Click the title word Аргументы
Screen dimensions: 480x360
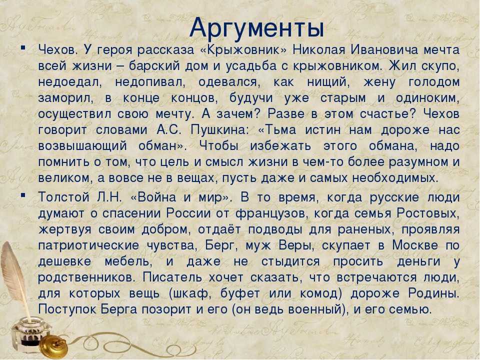click(x=256, y=28)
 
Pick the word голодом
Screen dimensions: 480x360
click(x=434, y=82)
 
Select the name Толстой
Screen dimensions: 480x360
click(x=63, y=197)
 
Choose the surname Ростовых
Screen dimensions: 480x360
click(x=426, y=213)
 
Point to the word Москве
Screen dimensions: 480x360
click(x=415, y=245)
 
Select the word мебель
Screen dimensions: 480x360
click(x=127, y=261)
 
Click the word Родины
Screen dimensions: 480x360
click(x=434, y=293)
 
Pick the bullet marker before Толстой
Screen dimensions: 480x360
click(x=23, y=195)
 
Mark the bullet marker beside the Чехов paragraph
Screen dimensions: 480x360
click(x=23, y=48)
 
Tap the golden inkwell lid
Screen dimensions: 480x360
click(x=54, y=346)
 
